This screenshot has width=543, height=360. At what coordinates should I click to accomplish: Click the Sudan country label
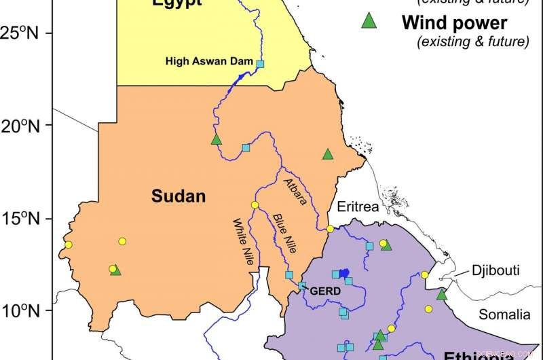point(178,197)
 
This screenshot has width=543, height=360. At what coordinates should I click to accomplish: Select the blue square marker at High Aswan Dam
point(259,64)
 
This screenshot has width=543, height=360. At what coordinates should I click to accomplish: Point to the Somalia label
point(503,314)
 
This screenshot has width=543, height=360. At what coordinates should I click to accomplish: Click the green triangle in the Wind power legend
point(369,22)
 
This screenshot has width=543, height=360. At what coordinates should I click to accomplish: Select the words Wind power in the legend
point(454,22)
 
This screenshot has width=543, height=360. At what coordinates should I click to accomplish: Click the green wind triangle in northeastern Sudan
point(328,154)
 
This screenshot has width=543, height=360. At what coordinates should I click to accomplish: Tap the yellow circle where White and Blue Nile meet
point(255,205)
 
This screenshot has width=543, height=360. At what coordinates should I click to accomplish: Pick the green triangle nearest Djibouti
point(443,294)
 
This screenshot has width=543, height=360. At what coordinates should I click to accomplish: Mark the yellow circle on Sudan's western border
point(68,245)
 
